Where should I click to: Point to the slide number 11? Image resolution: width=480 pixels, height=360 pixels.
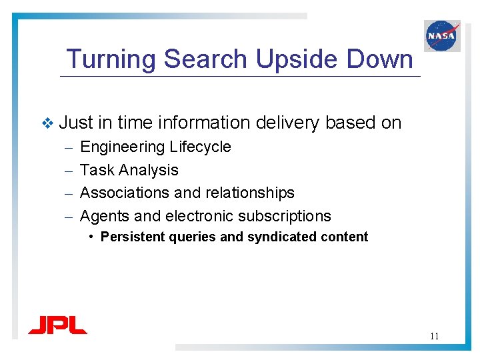coord(434,336)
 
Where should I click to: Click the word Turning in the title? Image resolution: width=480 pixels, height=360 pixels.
coord(111,59)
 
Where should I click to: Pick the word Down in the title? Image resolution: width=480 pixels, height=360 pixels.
coord(380,59)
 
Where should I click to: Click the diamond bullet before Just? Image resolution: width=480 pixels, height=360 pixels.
coord(46,123)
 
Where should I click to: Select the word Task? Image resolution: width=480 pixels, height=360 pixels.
coord(97,170)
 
